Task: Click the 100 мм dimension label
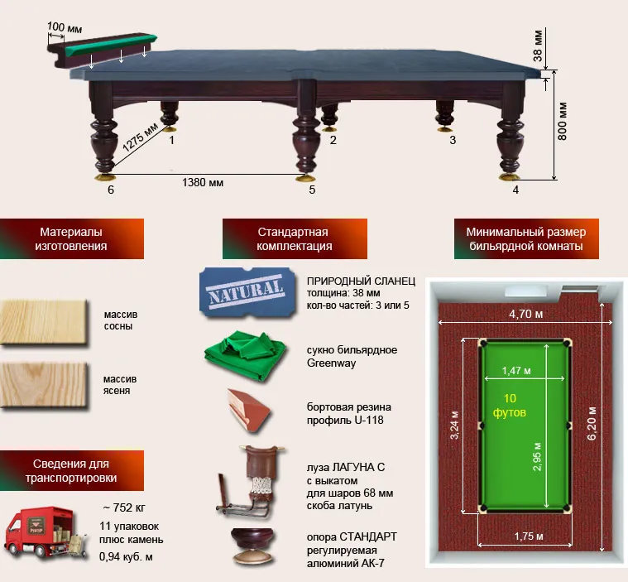click(65, 27)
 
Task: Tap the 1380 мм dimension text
click(203, 182)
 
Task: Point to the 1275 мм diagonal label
click(140, 137)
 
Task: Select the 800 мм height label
click(562, 121)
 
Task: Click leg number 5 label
click(312, 190)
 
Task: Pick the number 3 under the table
click(453, 140)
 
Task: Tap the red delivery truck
click(45, 532)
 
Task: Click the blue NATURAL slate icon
click(247, 291)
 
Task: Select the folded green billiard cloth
click(245, 355)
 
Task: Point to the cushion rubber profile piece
click(248, 411)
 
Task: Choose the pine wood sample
click(44, 322)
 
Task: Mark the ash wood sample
click(44, 385)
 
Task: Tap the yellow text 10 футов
click(510, 405)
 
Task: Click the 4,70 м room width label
click(526, 314)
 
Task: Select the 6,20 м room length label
click(592, 423)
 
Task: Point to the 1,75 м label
click(529, 536)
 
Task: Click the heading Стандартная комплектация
click(295, 239)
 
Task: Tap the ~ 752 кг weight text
click(124, 507)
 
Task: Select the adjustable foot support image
click(253, 547)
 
